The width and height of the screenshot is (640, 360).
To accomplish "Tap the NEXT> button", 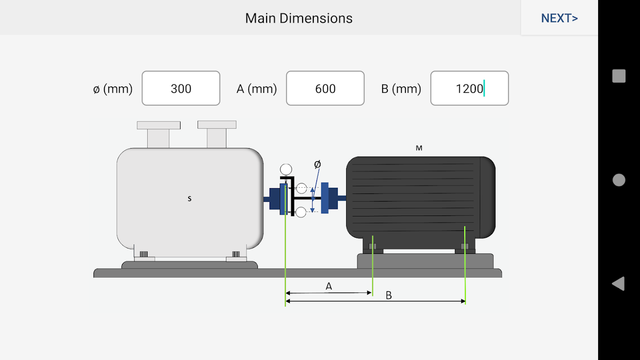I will [559, 18].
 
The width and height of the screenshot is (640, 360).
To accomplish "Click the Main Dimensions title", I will [299, 18].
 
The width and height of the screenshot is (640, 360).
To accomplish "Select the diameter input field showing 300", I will [181, 88].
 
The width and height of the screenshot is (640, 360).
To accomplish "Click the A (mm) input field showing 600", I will [325, 88].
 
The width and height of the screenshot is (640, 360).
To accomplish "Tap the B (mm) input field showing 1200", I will [469, 88].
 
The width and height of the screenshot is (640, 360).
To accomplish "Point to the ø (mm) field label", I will [113, 89].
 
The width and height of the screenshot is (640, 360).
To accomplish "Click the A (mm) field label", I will [257, 89].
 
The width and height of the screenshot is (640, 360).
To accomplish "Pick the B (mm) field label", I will [401, 89].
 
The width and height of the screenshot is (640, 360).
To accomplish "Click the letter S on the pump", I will [189, 198].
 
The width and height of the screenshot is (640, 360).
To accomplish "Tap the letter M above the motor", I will [419, 148].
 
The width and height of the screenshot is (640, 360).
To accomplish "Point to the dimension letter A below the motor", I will [329, 286].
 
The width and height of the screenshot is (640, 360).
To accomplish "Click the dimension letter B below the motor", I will [389, 296].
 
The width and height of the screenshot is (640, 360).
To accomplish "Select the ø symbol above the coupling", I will [317, 164].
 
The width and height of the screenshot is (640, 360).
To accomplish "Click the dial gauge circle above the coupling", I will [286, 170].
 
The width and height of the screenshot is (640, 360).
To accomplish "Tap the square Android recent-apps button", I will [619, 76].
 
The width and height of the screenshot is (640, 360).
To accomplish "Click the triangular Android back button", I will [618, 283].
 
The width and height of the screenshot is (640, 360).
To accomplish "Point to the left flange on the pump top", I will [158, 125].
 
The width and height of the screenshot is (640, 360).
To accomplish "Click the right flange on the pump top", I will [217, 125].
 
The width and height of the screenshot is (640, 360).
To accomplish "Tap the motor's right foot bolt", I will [465, 246].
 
